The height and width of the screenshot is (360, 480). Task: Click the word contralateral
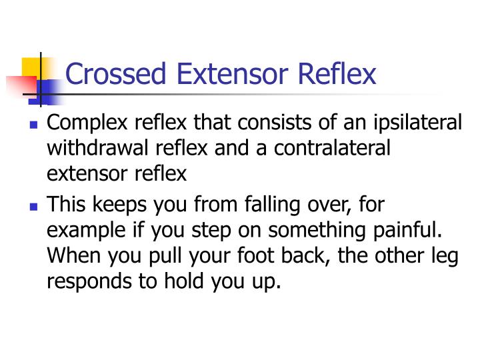point(336,149)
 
